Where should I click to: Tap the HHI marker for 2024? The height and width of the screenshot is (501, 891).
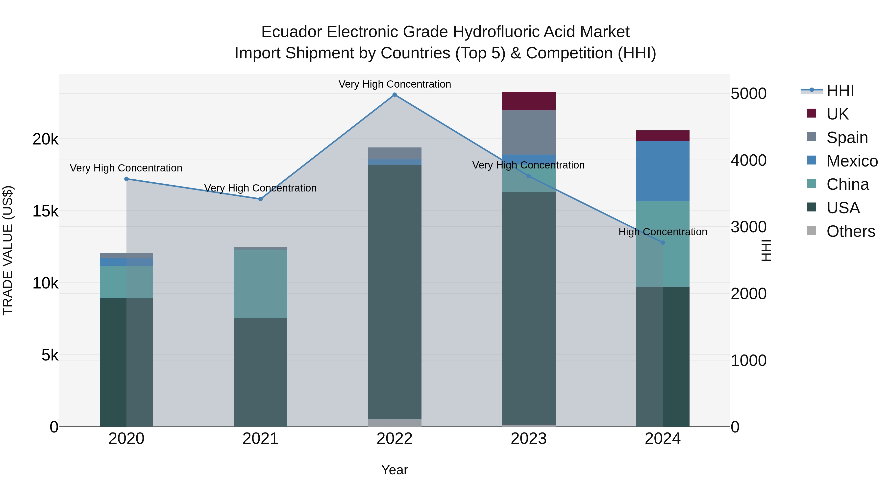click(663, 242)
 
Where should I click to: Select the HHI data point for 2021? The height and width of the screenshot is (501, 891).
click(260, 199)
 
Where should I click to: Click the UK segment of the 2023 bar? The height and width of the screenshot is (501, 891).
click(528, 101)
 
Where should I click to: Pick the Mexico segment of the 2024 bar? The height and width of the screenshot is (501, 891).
click(663, 171)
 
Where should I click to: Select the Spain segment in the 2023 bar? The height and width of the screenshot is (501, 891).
click(528, 132)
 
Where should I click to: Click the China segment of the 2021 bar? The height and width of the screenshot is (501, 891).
click(260, 284)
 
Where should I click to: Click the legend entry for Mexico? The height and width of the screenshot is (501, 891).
click(852, 161)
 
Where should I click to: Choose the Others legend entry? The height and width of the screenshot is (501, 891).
click(850, 231)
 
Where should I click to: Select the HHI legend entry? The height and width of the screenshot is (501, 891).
click(840, 91)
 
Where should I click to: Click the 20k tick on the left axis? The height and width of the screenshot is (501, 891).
click(45, 139)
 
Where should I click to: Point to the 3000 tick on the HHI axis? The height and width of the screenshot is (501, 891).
click(748, 227)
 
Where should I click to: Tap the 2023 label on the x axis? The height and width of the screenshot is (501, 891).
click(528, 439)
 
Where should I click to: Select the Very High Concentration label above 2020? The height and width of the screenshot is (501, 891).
click(126, 168)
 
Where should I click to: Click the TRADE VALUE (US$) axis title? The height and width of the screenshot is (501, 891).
click(8, 250)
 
